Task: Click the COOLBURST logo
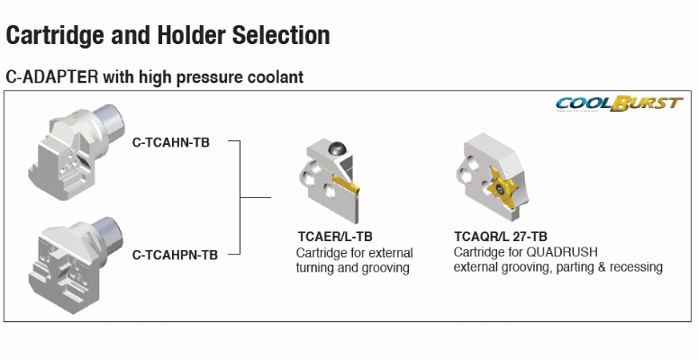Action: pos(619,103)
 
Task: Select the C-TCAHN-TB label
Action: pos(171,142)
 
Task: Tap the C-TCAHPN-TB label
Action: pos(175,255)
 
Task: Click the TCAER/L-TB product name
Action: pos(335,237)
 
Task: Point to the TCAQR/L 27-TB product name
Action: pos(501,236)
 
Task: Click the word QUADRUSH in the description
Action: pos(562,252)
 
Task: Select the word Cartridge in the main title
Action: pos(56,36)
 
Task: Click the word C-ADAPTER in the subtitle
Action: pos(51,77)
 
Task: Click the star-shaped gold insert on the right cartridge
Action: pos(501,189)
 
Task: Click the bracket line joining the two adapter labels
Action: pos(240,198)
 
